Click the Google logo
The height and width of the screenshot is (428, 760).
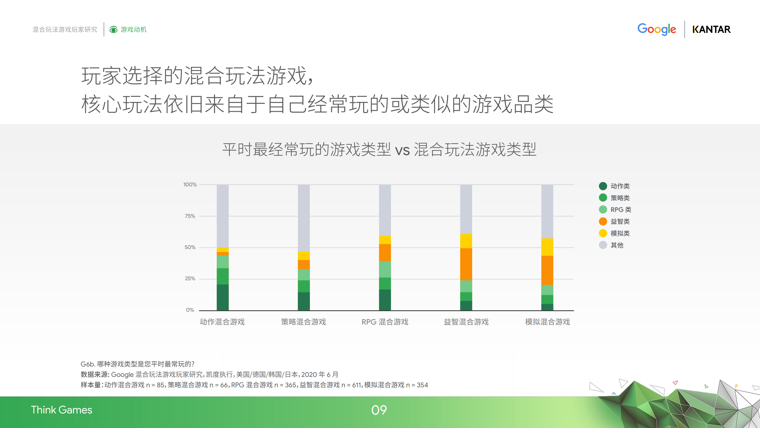[x=657, y=29]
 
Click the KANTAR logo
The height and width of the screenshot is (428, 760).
[x=711, y=29]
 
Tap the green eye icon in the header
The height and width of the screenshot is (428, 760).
[x=113, y=30]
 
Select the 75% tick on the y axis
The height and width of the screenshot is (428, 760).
[x=190, y=216]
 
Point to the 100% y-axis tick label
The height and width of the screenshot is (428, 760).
[x=190, y=185]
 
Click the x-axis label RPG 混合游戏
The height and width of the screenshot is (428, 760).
[x=385, y=322]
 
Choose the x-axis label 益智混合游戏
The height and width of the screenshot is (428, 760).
[x=466, y=322]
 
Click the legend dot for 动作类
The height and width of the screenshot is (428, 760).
[x=603, y=186]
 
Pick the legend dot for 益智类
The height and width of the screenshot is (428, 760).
[x=603, y=221]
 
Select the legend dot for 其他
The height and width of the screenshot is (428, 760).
[x=603, y=245]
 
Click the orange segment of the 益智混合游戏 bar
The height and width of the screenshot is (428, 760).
[x=466, y=264]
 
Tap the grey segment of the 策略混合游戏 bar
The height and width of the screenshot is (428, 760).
[x=304, y=218]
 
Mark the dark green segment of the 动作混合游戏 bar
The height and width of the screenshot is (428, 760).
[x=223, y=297]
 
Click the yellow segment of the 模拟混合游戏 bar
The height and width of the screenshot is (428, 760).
[x=547, y=247]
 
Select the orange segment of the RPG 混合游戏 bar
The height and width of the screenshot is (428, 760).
[x=385, y=253]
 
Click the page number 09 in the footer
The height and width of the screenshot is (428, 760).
[x=379, y=410]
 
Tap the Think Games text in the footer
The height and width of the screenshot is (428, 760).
[x=62, y=410]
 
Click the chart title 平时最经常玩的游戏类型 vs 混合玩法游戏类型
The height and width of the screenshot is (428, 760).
[x=379, y=149]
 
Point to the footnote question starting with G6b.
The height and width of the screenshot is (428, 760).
[x=137, y=364]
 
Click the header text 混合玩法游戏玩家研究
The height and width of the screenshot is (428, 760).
[x=65, y=29]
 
